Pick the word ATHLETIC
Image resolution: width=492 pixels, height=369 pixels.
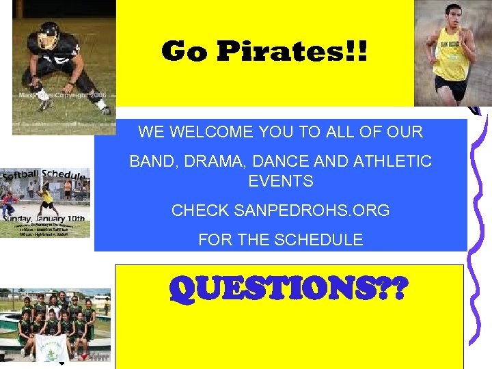coord(392,162)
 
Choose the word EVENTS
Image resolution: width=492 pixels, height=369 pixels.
coord(281,181)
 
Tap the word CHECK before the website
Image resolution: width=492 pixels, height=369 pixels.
coord(200,210)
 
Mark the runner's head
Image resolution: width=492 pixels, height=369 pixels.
coord(450,20)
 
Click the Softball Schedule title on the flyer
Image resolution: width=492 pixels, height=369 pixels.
coord(44,175)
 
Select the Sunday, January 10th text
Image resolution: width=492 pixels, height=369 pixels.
coord(44,218)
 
